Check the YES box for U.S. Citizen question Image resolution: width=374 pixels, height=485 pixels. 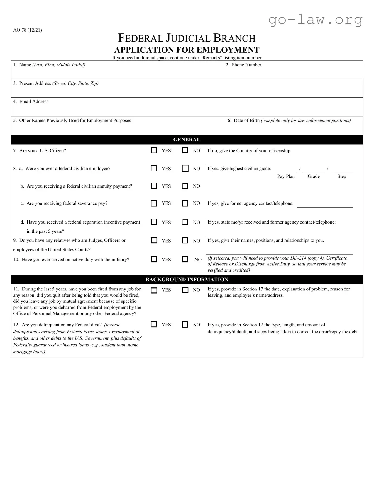(x=154, y=150)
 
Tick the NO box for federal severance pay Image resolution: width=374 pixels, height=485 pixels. (x=185, y=203)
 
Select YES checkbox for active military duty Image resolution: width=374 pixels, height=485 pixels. (x=154, y=260)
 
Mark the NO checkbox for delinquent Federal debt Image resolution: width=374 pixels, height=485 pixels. (x=185, y=325)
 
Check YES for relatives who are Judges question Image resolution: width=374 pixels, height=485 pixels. (x=154, y=241)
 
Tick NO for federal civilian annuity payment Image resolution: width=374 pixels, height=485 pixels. (x=185, y=186)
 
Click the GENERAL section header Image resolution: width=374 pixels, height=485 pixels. (x=187, y=140)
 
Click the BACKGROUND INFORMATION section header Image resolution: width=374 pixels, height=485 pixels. (x=187, y=279)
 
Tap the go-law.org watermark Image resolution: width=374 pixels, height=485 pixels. (x=315, y=20)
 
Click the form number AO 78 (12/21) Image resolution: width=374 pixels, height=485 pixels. (x=28, y=30)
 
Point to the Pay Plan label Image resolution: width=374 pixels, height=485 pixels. (x=286, y=176)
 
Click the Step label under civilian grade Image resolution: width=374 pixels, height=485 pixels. (x=341, y=176)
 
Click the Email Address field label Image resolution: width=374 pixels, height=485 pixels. (x=33, y=102)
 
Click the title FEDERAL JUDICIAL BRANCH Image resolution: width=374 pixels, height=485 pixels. (x=187, y=38)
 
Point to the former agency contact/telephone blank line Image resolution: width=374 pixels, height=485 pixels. (x=325, y=207)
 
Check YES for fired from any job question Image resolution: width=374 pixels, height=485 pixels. (x=154, y=290)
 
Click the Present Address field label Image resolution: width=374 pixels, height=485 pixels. (x=35, y=83)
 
